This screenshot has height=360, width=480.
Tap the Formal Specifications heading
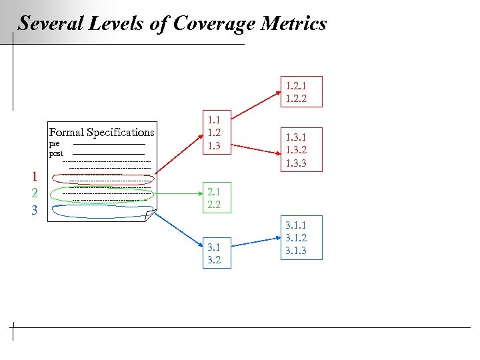click(x=101, y=132)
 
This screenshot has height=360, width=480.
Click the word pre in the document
click(x=54, y=143)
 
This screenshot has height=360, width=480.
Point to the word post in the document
click(x=56, y=153)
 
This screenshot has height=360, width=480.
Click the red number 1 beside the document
click(x=34, y=177)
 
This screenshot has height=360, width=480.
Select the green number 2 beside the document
click(x=34, y=193)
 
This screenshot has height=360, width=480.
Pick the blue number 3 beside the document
click(x=34, y=210)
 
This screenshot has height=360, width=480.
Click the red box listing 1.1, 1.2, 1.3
click(x=214, y=133)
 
